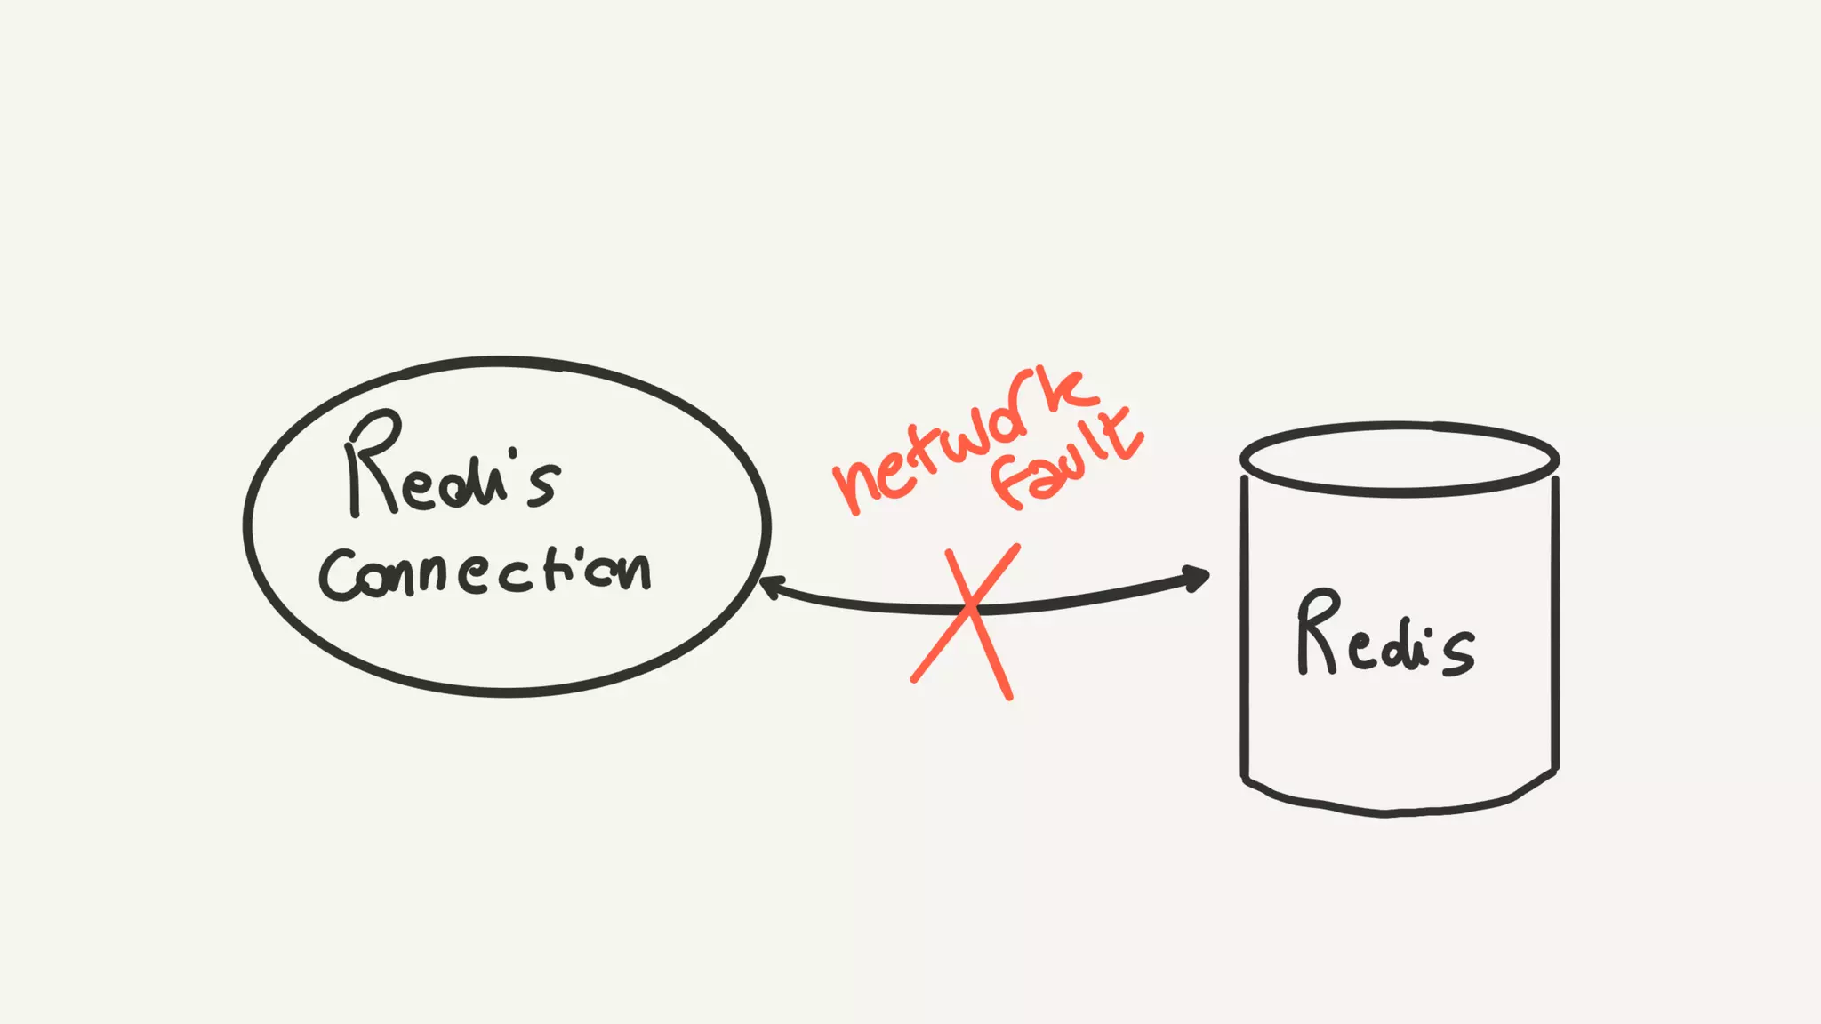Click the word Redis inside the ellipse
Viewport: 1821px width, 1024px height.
(452, 468)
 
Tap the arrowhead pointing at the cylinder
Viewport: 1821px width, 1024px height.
(1196, 579)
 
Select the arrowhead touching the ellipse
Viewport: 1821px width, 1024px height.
(770, 587)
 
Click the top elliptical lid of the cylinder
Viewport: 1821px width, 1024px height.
(1400, 459)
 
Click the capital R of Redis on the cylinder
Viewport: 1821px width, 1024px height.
(1318, 632)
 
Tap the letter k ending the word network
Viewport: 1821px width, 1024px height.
(1063, 391)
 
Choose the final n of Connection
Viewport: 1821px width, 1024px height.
(634, 571)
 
